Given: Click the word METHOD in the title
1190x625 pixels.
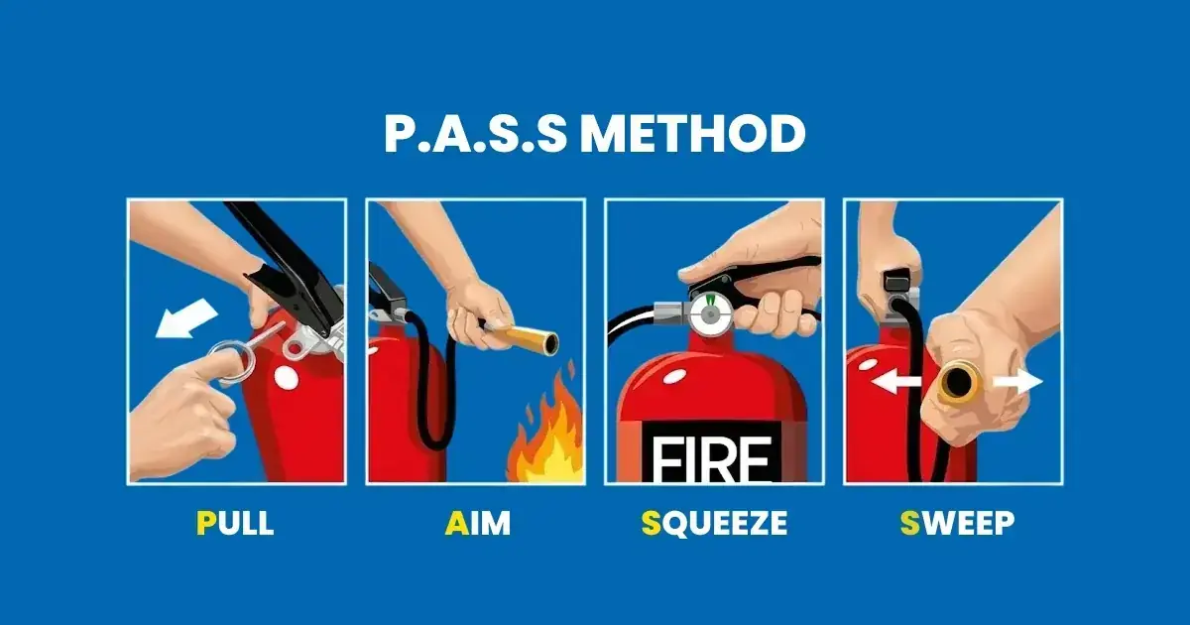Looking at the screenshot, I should (x=692, y=134).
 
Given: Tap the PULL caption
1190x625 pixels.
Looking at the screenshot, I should (x=235, y=523).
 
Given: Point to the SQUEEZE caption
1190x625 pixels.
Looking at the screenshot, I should (x=714, y=523).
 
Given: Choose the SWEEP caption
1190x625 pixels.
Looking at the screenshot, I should (x=957, y=523).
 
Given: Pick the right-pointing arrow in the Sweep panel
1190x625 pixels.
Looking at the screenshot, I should (x=1019, y=381).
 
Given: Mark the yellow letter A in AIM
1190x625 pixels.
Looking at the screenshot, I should (x=455, y=523).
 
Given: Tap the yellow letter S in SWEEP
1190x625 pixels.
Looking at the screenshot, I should (x=909, y=523).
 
